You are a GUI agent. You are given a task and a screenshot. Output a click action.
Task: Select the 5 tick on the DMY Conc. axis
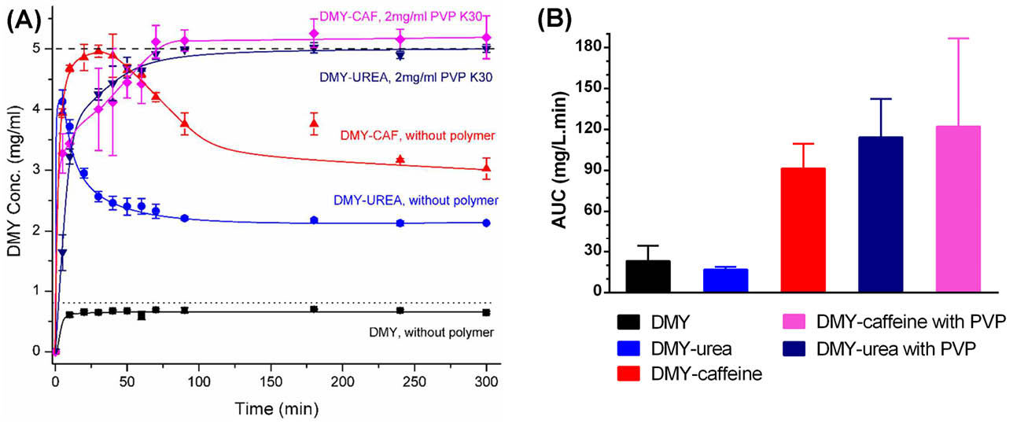coord(35,49)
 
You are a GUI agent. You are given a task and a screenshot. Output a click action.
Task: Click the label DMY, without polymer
coord(432,333)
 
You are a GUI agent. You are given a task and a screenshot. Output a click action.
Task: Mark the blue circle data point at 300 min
coord(486,223)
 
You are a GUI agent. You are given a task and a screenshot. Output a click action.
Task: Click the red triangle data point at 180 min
coord(315,123)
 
